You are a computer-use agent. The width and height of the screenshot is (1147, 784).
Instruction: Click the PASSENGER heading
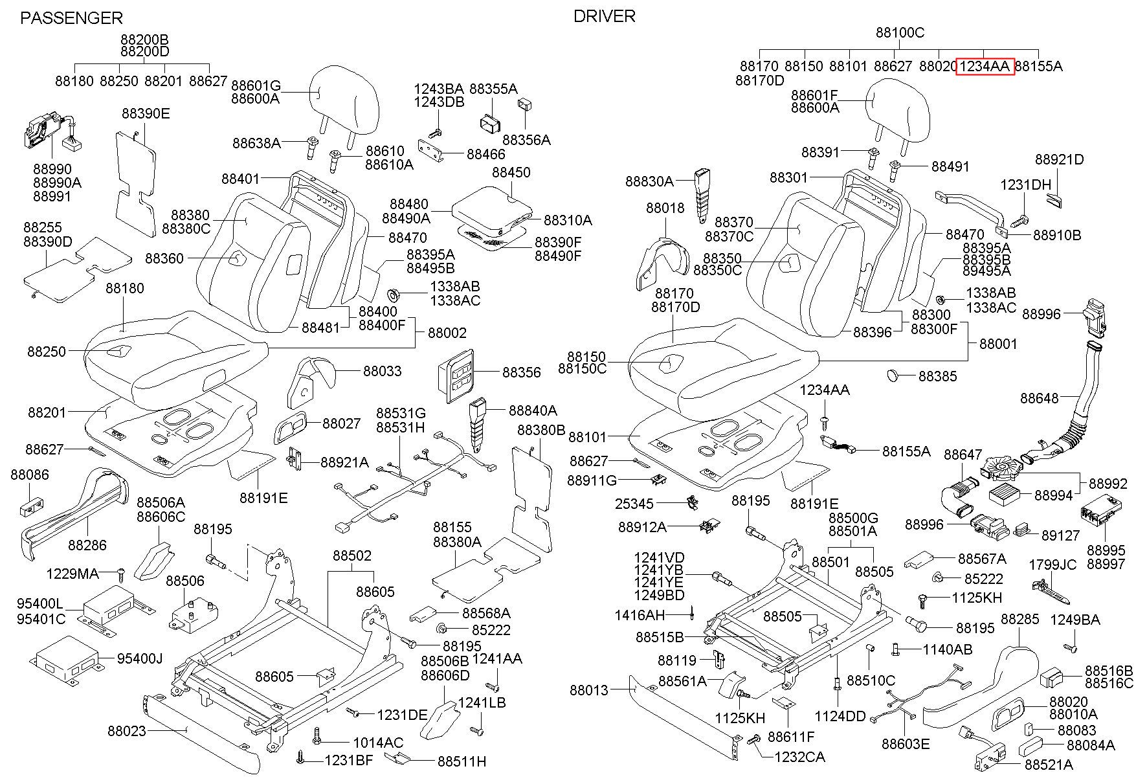click(71, 18)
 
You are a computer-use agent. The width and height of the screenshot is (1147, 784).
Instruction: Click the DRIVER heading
click(604, 16)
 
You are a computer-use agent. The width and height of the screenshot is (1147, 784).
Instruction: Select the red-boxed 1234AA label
click(985, 66)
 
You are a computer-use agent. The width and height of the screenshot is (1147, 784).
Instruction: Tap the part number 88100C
click(900, 33)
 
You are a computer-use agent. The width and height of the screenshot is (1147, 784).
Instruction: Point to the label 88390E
click(146, 114)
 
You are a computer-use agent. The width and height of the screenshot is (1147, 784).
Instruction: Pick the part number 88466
click(485, 154)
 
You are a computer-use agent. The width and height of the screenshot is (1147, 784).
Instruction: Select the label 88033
click(382, 371)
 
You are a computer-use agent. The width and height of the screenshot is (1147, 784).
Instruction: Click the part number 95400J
click(139, 658)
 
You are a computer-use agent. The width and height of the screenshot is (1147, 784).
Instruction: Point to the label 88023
click(127, 731)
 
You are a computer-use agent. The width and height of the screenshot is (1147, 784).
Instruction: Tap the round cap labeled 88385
click(895, 375)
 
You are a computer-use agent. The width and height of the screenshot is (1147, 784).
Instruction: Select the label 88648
click(1040, 398)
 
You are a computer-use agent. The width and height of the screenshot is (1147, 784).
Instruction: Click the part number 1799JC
click(1052, 565)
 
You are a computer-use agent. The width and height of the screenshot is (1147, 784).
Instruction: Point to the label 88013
click(589, 690)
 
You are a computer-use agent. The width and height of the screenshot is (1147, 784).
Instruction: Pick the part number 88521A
click(1049, 765)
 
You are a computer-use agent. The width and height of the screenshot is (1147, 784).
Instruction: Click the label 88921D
click(1059, 159)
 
